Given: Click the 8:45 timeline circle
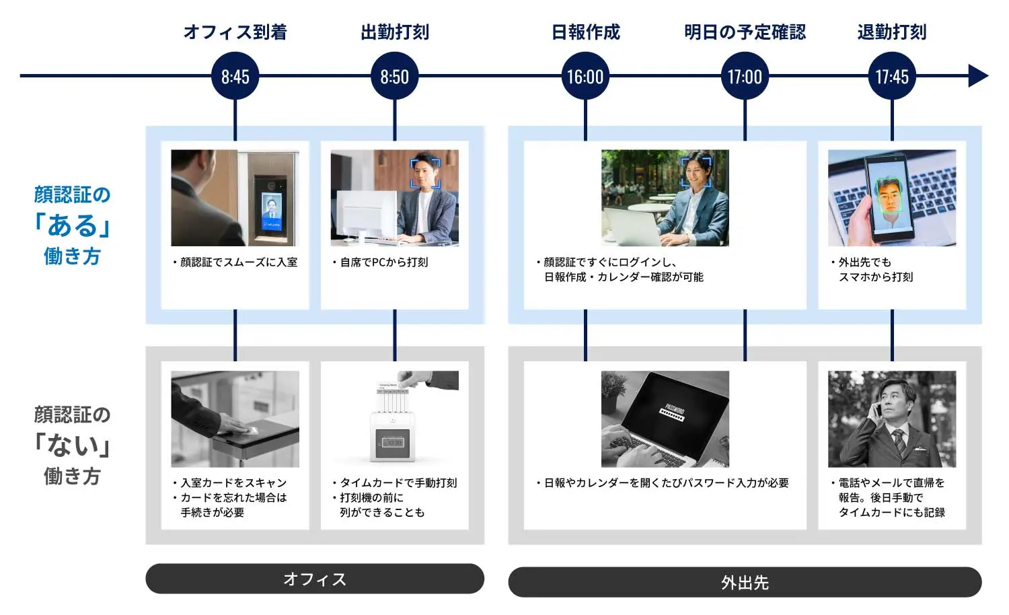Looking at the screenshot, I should [235, 77].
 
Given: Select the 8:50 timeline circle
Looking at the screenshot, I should [394, 77].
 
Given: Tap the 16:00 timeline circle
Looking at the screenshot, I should [585, 77].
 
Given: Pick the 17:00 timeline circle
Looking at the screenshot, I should [745, 77].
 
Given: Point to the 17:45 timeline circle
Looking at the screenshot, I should [892, 77].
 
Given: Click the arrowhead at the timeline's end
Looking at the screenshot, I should [978, 76].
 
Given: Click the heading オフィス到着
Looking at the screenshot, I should [235, 32].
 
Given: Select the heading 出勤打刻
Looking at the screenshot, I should [395, 32].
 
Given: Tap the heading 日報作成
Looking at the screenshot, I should [585, 32].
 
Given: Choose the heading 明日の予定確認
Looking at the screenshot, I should [745, 32].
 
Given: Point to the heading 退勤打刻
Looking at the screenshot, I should [892, 32].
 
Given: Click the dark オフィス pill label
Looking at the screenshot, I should [315, 579].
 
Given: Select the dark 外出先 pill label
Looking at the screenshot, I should [745, 582].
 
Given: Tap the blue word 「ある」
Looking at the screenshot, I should [72, 225].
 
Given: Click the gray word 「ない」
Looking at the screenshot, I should [72, 445].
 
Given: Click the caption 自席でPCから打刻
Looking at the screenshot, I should [383, 262].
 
